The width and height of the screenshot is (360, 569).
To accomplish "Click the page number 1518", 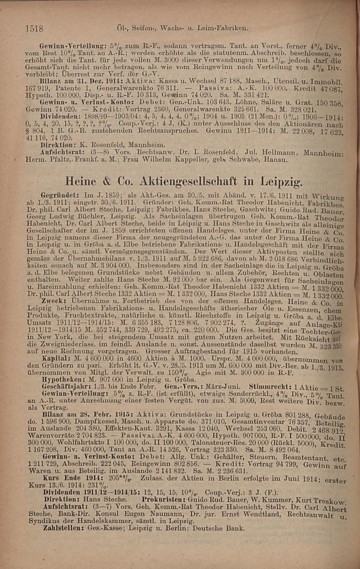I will coord(35,28).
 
